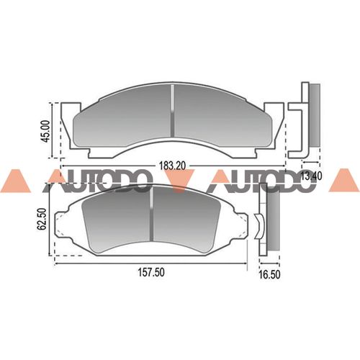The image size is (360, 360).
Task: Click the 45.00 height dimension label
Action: tap(45, 130)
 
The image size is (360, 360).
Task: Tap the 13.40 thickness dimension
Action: tap(312, 176)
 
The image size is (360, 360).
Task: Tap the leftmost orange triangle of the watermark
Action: tap(13, 182)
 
